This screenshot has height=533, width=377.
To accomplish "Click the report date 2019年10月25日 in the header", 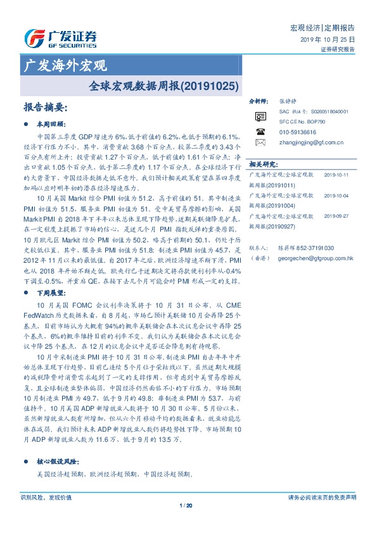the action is coord(328,39).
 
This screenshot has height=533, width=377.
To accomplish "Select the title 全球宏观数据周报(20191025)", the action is coord(163,84).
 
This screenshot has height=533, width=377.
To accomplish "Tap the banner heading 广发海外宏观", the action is coord(64,65).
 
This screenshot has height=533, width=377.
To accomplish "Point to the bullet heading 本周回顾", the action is coord(52,123).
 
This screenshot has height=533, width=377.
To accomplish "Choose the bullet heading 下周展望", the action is coord(52,293).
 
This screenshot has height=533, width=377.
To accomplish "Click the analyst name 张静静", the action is coord(287,101).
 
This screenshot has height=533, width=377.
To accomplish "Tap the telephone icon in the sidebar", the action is coord(260,132).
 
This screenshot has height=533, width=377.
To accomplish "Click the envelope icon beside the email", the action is coord(260,142).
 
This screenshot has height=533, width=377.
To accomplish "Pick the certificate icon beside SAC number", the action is coord(260,116).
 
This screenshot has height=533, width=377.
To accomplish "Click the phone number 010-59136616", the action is coord(297,132).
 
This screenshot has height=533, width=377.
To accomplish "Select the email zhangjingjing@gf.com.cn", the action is coord(311,142).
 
